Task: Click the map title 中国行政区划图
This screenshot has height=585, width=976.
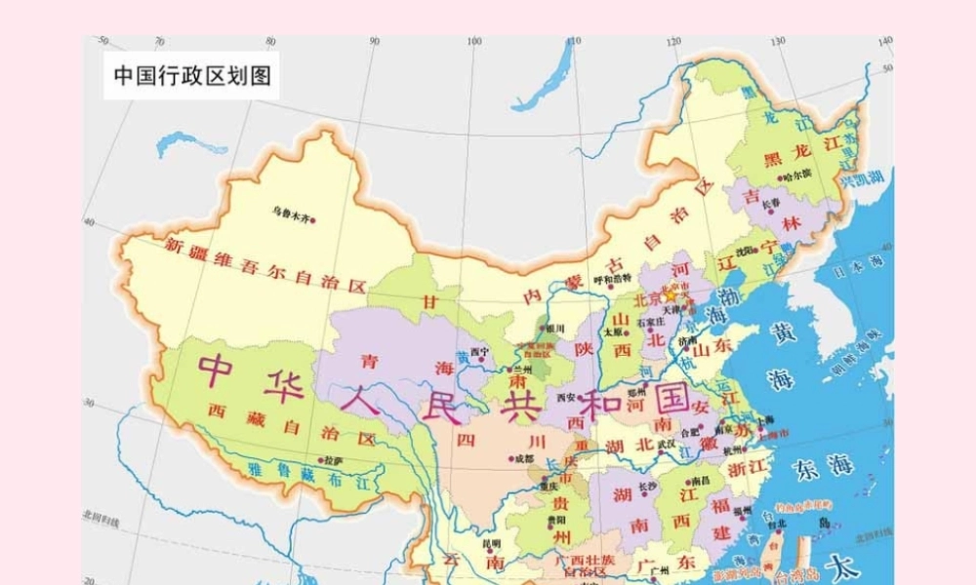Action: click(191, 75)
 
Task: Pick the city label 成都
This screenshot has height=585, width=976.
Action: click(523, 458)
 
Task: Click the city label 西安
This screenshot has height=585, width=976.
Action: click(566, 397)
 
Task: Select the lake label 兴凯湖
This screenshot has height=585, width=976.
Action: click(862, 179)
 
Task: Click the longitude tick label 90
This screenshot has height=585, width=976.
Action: click(374, 42)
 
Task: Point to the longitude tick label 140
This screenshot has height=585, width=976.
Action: click(884, 42)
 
